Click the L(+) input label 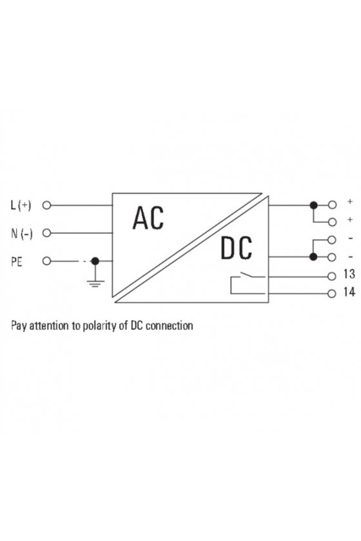pyautogui.click(x=21, y=205)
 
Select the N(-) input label pyautogui.click(x=22, y=234)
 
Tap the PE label pyautogui.click(x=16, y=261)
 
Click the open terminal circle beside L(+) pyautogui.click(x=46, y=205)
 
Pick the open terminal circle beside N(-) pyautogui.click(x=46, y=233)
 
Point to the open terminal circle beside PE pyautogui.click(x=46, y=261)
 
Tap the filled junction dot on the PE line pyautogui.click(x=95, y=261)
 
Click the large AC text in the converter pyautogui.click(x=148, y=218)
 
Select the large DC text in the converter pyautogui.click(x=237, y=248)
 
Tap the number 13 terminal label pyautogui.click(x=349, y=274)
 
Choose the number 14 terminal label pyautogui.click(x=349, y=292)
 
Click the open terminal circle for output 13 pyautogui.click(x=331, y=276)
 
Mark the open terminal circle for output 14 pyautogui.click(x=331, y=294)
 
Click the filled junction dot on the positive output pyautogui.click(x=313, y=205)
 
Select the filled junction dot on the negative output pyautogui.click(x=313, y=257)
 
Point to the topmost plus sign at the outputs pyautogui.click(x=350, y=201)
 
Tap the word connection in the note pyautogui.click(x=170, y=326)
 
